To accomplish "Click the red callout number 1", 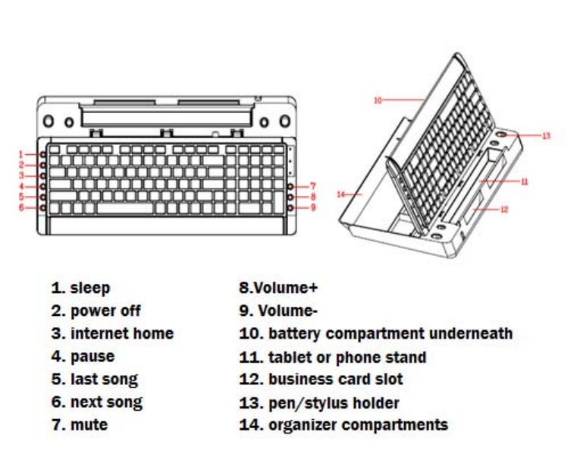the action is tap(22, 154).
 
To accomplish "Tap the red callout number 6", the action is tap(22, 207).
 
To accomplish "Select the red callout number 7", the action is tap(313, 186).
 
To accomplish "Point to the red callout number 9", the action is tap(313, 207).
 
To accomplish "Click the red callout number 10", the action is tap(377, 99).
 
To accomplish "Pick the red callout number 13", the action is tap(546, 136).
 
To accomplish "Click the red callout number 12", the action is tap(504, 210).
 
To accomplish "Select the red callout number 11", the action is tap(524, 181).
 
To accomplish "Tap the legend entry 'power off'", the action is tap(105, 311).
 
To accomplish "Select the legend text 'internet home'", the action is tap(121, 333).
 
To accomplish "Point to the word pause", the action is tap(93, 356).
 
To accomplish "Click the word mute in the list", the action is tap(89, 424).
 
